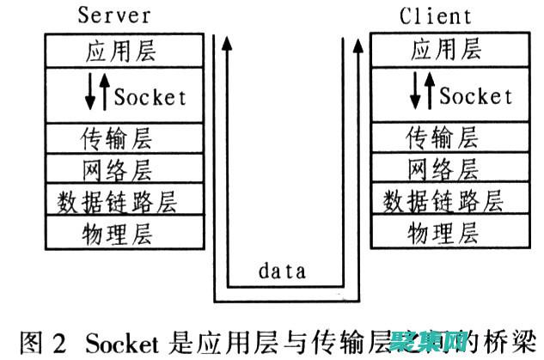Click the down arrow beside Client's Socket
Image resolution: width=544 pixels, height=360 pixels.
(417, 93)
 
